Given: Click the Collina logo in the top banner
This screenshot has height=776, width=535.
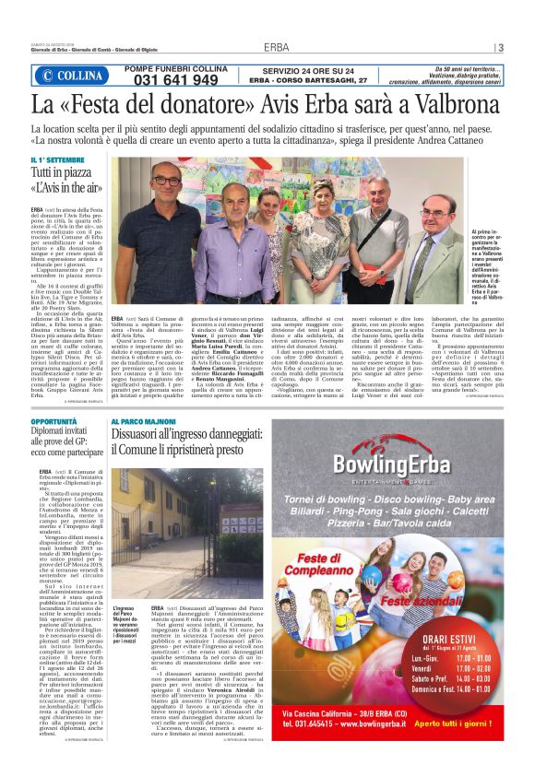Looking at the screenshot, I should click(x=74, y=76).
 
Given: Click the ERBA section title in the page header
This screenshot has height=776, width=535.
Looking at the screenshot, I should click(x=276, y=47).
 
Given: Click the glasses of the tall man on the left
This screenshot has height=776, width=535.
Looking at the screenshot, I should click(x=168, y=181).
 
